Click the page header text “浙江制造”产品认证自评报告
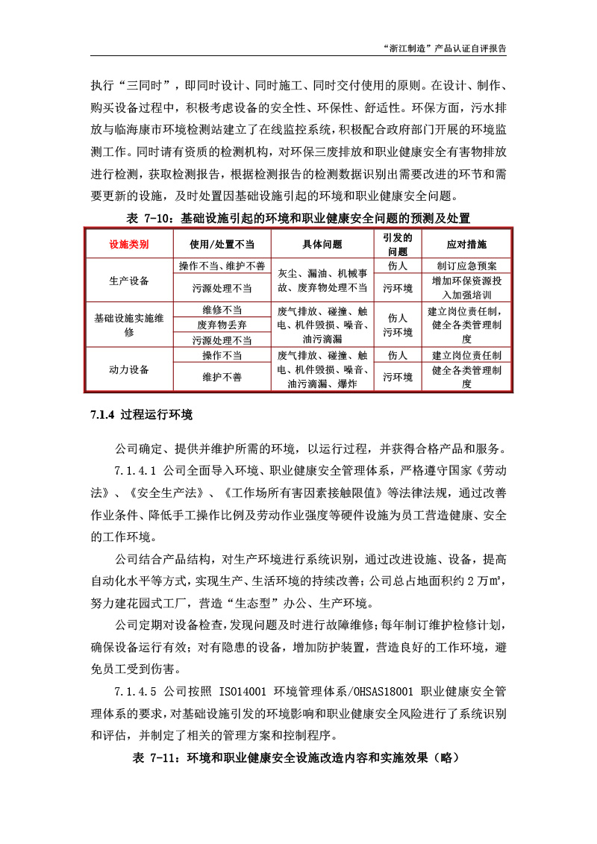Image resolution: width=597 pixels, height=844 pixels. tap(444, 47)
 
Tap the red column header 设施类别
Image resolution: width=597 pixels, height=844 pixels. tap(129, 244)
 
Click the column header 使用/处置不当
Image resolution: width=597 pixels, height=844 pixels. tap(222, 244)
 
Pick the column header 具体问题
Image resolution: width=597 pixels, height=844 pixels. tap(322, 244)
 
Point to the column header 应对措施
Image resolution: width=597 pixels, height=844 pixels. tap(466, 244)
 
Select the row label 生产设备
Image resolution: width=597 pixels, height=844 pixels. tap(129, 281)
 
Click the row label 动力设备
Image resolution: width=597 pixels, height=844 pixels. tap(129, 369)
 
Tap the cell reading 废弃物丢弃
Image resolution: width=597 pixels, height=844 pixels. tap(222, 325)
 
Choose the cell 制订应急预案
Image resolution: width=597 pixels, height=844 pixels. tap(466, 266)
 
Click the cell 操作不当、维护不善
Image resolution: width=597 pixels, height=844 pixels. tap(222, 266)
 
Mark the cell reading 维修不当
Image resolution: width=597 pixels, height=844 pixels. tap(222, 310)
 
